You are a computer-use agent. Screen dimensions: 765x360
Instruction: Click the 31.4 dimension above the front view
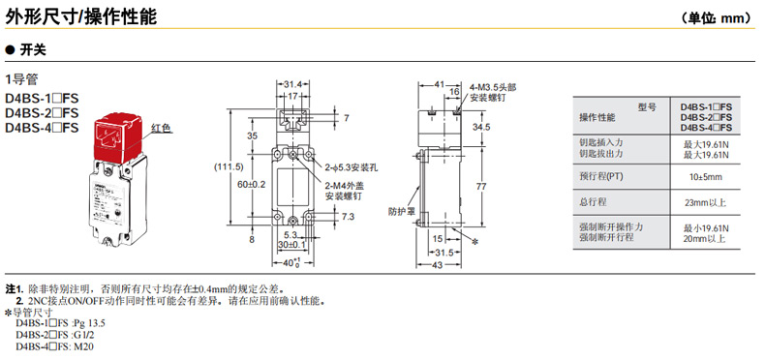(x=292, y=84)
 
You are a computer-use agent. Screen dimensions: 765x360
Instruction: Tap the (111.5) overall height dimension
(x=229, y=166)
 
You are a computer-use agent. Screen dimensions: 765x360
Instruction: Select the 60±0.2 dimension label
(x=252, y=185)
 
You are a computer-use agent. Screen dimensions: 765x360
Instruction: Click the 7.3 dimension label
(x=349, y=217)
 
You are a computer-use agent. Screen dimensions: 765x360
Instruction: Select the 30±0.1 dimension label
(x=291, y=244)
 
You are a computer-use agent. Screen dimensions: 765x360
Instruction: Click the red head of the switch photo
(x=118, y=138)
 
